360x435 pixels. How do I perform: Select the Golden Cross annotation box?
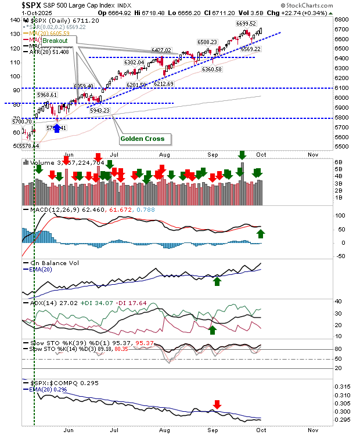click(142, 139)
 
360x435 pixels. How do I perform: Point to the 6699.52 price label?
click(246, 24)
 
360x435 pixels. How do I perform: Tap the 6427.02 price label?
click(161, 50)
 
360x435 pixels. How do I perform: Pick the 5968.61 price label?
click(47, 95)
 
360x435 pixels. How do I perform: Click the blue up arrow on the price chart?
click(57, 128)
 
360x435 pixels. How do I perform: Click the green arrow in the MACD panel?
click(261, 234)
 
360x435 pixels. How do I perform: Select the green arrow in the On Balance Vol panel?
click(217, 281)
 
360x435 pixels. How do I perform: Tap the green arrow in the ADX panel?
click(213, 329)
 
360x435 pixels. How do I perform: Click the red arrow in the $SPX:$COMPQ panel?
click(217, 404)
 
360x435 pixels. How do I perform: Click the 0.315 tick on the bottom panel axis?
click(344, 387)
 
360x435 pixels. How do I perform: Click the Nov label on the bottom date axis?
click(314, 430)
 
